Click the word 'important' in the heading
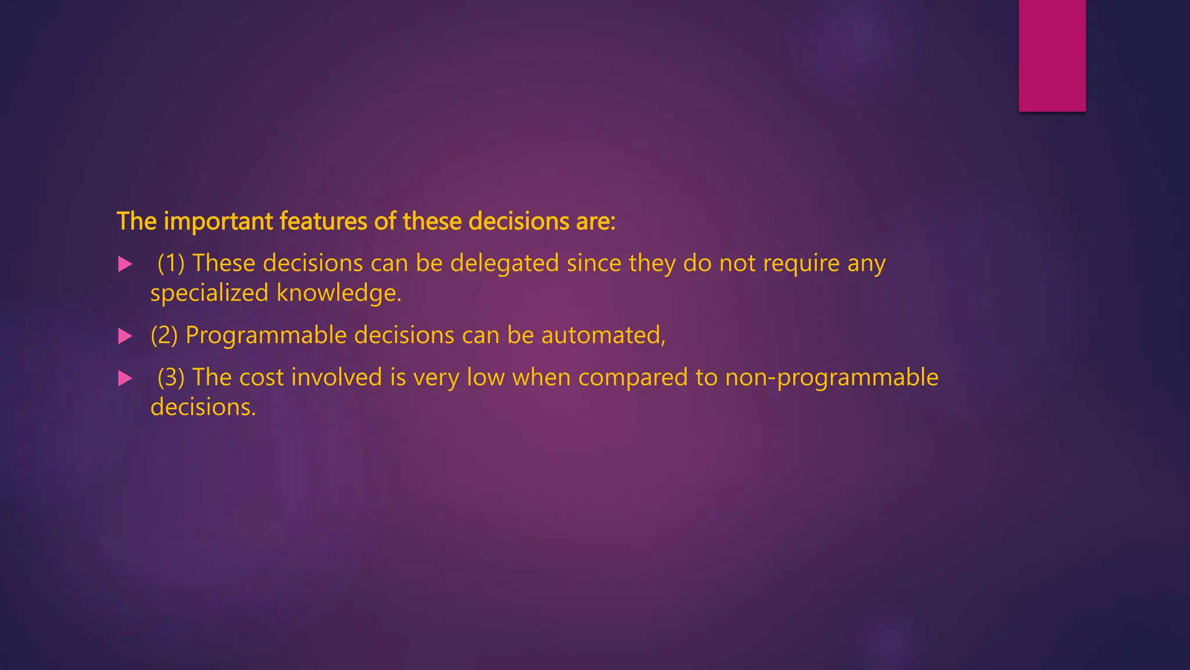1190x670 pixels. [218, 222]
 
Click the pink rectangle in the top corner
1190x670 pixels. [1052, 55]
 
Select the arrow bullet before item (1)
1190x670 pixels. [125, 265]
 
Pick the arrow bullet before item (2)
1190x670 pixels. [125, 336]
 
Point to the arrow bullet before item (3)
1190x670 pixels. [125, 379]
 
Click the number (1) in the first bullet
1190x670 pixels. [171, 263]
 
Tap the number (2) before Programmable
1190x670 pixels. [164, 336]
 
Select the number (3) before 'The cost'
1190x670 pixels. [171, 377]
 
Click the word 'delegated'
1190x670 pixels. [504, 263]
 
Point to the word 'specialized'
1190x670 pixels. [209, 293]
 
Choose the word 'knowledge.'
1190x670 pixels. [339, 293]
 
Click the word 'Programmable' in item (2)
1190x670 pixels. [266, 336]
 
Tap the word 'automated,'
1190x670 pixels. [603, 336]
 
